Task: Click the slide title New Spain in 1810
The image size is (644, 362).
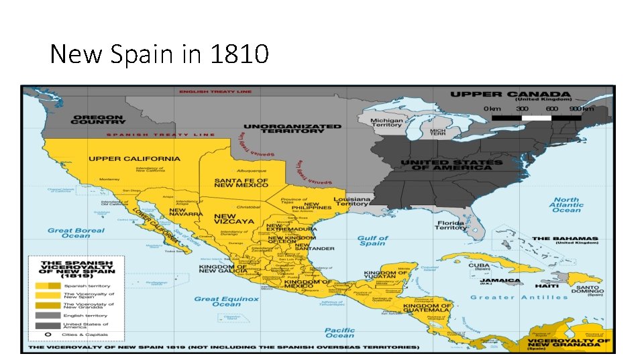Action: click(159, 54)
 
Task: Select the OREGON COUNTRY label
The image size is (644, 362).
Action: click(98, 120)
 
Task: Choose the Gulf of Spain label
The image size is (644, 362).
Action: click(372, 241)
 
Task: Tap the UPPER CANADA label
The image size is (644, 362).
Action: click(510, 95)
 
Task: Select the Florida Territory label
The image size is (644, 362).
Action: click(450, 225)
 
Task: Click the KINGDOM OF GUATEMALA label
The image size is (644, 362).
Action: click(426, 308)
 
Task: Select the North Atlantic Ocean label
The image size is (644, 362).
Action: click(566, 204)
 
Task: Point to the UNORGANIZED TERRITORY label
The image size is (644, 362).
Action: click(292, 129)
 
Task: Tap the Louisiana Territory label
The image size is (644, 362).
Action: click(353, 202)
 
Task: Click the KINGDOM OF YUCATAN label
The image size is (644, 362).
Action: click(385, 276)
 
